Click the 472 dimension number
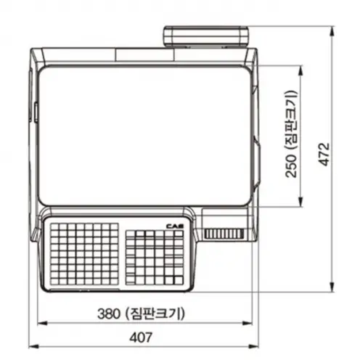coord(324,155)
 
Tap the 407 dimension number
coord(141,337)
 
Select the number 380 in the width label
coord(109,314)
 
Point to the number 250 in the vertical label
coord(290,166)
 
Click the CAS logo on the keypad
coord(175,226)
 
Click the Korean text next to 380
coord(155,314)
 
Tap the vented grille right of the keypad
coord(224,234)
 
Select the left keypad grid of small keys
coord(84,254)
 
